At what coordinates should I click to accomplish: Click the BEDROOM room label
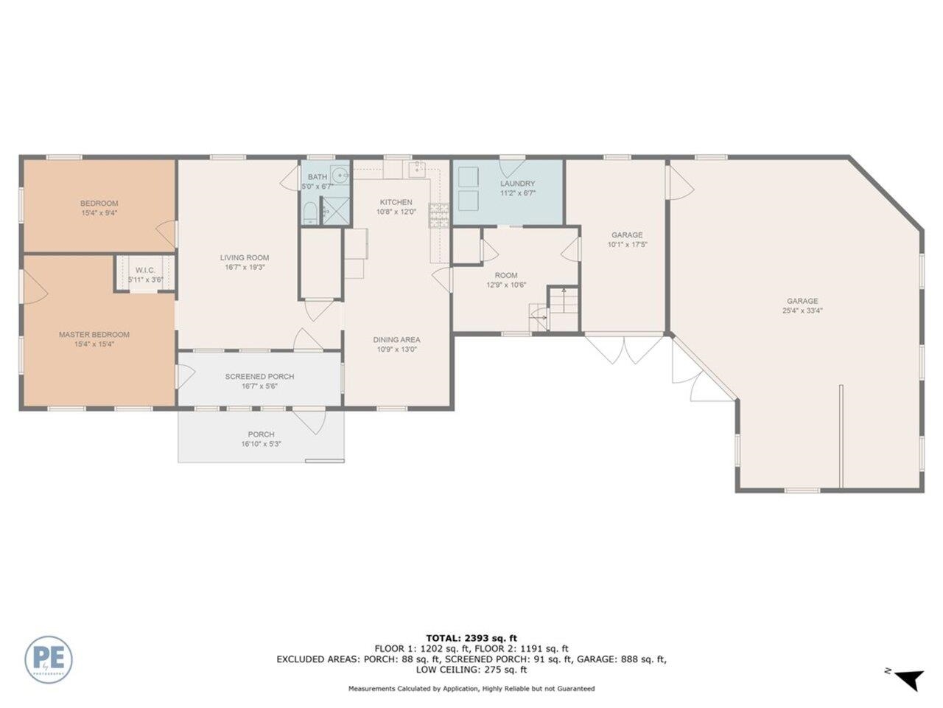[x=99, y=204]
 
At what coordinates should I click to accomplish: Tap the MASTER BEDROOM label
[x=94, y=334]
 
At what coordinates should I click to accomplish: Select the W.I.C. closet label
[x=145, y=270]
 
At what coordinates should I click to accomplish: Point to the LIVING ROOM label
[x=245, y=257]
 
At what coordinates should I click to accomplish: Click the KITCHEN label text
[x=396, y=202]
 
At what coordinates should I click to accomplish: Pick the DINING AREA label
[x=396, y=340]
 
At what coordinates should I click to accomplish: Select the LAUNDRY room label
[x=518, y=184]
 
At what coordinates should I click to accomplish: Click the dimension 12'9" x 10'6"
[x=506, y=285]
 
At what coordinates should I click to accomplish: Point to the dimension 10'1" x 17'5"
[x=627, y=245]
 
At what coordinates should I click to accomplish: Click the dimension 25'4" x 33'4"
[x=802, y=310]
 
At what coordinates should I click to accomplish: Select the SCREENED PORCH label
[x=259, y=377]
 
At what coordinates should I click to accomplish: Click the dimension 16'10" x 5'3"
[x=261, y=444]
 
